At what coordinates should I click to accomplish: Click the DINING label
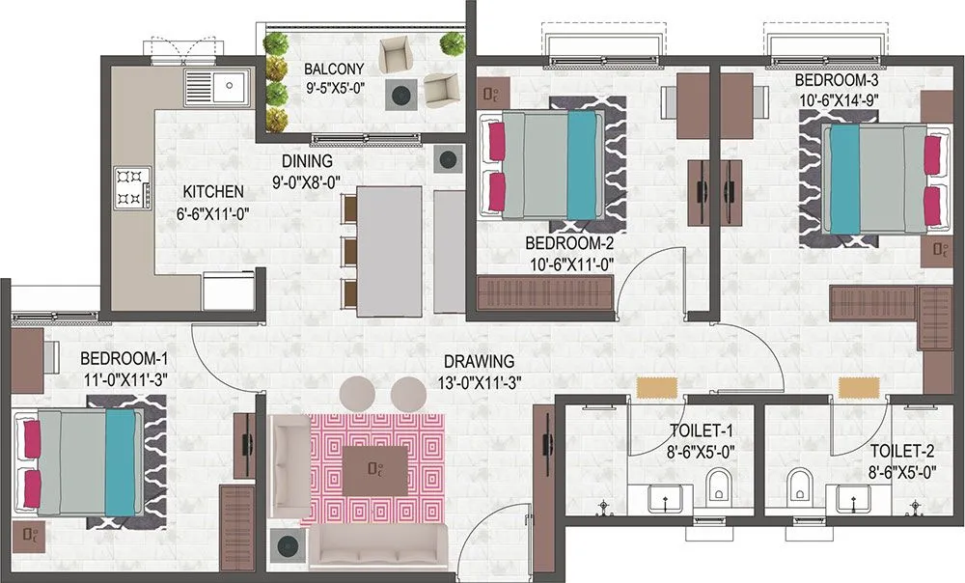coord(307,161)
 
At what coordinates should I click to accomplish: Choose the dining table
coord(389,250)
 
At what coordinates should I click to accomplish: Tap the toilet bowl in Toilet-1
coord(718,487)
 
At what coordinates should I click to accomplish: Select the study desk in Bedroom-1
coord(25,356)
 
